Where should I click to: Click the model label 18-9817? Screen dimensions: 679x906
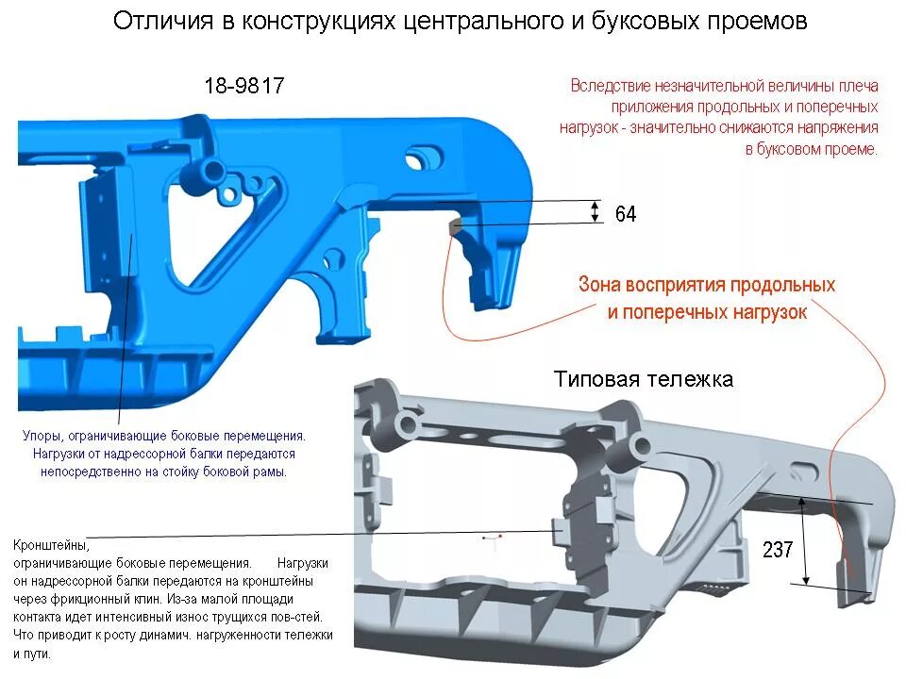click(243, 86)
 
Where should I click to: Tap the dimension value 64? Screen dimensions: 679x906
click(626, 214)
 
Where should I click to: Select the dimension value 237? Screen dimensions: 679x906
click(778, 551)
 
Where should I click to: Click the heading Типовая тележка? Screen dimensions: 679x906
click(643, 380)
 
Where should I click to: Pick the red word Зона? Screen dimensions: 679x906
click(603, 285)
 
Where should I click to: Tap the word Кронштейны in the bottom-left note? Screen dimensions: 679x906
click(51, 545)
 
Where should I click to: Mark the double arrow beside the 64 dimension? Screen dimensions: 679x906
click(595, 211)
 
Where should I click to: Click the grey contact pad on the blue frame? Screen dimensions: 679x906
click(454, 226)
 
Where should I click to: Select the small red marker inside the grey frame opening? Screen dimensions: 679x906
click(490, 538)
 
